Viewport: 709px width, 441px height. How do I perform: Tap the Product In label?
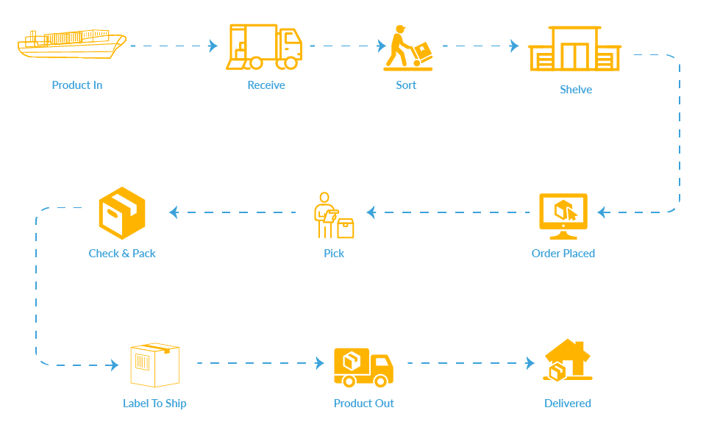pos(77,85)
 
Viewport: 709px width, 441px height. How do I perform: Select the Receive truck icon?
pos(265,47)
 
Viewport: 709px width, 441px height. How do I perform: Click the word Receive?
pos(266,85)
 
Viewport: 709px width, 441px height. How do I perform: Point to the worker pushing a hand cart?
pos(407,49)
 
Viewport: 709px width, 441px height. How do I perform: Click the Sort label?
pos(406,85)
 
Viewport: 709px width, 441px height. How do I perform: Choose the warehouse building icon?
pos(574,50)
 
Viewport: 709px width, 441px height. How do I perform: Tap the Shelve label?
pos(576,90)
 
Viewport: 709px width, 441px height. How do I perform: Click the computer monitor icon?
pos(563,215)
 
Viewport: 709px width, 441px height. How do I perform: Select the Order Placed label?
pos(563,254)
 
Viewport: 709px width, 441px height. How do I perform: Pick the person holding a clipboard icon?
pos(333,216)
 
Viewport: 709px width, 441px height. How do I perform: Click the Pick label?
pos(334,254)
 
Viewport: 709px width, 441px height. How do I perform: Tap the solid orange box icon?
pos(122,213)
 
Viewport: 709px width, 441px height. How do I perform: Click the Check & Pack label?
pos(122,254)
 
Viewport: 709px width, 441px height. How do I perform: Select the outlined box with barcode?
pos(154,365)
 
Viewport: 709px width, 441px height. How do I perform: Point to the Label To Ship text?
pos(154,404)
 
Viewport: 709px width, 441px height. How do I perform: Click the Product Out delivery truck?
pos(363,367)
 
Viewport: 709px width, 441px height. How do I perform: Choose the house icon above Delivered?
pos(567,360)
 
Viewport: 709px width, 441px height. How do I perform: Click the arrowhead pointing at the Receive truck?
pos(213,46)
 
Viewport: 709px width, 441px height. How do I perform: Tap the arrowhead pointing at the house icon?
pos(530,363)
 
